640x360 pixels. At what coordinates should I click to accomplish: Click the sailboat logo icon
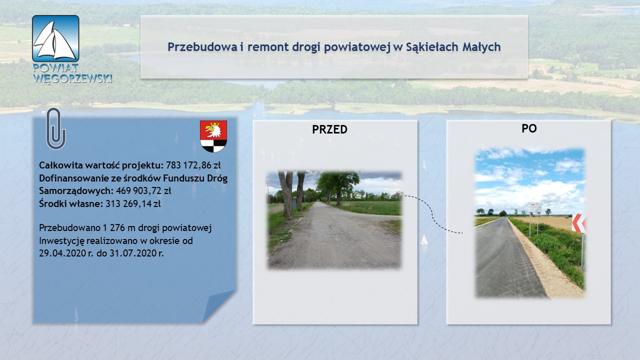(55, 38)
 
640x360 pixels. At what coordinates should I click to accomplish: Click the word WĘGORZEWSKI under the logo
(72, 78)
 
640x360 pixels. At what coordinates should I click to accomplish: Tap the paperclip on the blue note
(56, 128)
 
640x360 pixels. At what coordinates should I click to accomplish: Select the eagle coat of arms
(213, 136)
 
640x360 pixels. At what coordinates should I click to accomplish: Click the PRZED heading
(329, 129)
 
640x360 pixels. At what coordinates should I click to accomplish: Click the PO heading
(529, 128)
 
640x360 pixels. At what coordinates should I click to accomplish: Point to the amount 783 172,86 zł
(193, 165)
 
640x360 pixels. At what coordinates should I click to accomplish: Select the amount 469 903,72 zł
(143, 190)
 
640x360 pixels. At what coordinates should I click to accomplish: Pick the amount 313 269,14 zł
(133, 203)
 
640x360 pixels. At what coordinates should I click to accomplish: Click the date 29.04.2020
(62, 253)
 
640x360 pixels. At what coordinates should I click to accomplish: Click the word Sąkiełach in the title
(432, 47)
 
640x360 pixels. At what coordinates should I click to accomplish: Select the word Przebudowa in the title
(202, 47)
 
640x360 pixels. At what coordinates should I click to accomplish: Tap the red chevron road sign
(578, 223)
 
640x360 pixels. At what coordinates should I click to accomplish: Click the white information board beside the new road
(534, 207)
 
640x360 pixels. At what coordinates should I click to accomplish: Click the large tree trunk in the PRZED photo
(286, 194)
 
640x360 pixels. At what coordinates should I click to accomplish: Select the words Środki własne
(71, 203)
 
